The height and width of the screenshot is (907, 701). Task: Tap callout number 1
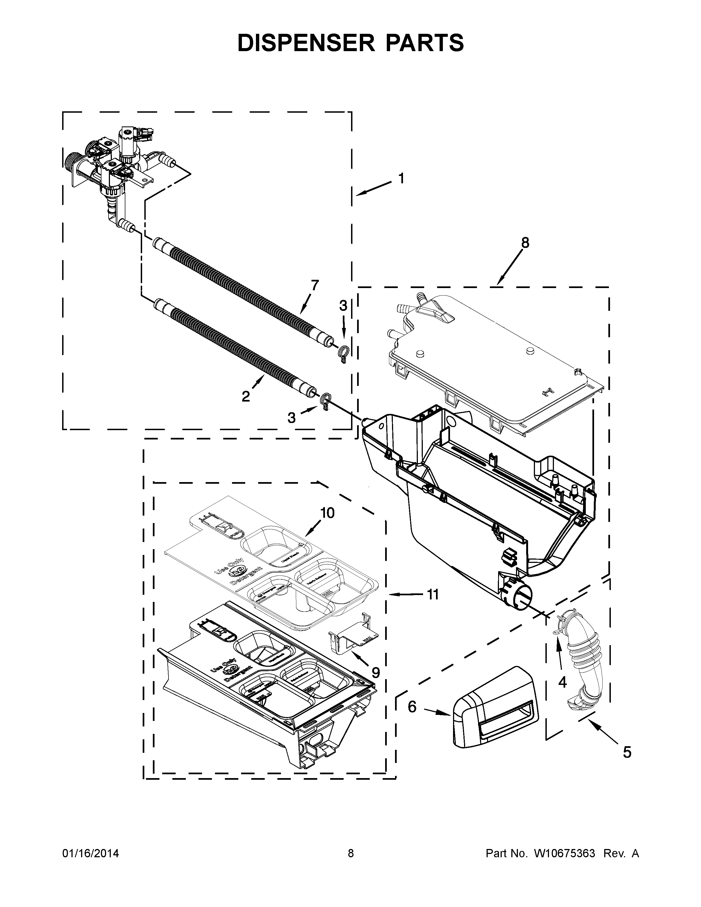pos(401,179)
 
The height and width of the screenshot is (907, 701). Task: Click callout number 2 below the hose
pos(246,397)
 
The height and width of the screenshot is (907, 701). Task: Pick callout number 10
pos(327,513)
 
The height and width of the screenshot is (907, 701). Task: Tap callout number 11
pos(433,595)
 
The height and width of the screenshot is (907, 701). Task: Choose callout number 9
pos(375,672)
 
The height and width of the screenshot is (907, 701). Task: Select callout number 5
pos(627,752)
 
